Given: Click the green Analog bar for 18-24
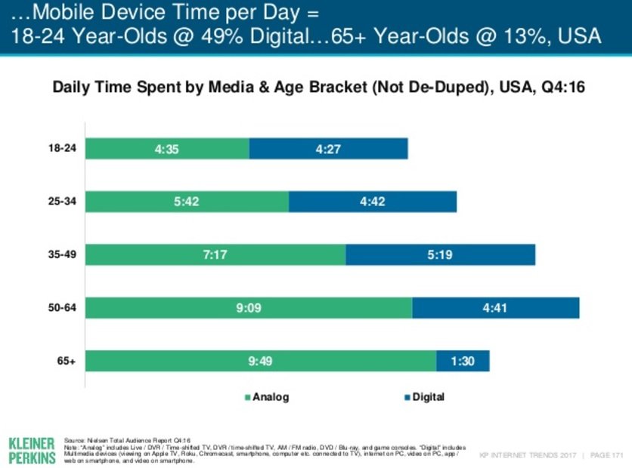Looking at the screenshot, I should click(x=167, y=149).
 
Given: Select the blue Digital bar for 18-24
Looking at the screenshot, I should click(x=328, y=149).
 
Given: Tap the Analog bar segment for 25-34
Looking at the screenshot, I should click(x=187, y=202).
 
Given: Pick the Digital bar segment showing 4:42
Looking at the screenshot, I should click(x=372, y=202).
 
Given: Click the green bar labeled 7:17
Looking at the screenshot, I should click(x=215, y=255).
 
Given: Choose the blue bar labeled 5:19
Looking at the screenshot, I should click(x=440, y=255).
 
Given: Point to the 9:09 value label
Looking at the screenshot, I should click(x=249, y=308).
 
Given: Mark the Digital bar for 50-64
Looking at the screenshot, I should click(x=495, y=308).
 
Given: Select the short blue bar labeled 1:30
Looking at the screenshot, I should click(x=463, y=362).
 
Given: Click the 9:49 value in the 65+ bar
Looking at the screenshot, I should click(x=261, y=362).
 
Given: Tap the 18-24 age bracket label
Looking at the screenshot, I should click(x=63, y=149).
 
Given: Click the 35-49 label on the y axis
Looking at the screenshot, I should click(x=63, y=255).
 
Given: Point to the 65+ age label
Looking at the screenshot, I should click(x=67, y=362).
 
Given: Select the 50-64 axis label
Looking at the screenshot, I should click(x=63, y=308).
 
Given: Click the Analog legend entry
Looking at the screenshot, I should click(x=266, y=396).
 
